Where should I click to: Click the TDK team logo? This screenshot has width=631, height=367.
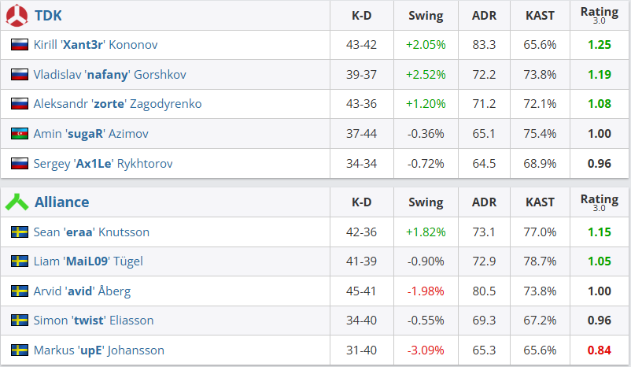[17, 16]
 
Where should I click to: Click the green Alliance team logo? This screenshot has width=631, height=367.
[17, 202]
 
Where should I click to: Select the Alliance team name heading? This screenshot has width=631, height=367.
[61, 202]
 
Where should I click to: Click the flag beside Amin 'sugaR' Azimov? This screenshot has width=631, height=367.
[20, 134]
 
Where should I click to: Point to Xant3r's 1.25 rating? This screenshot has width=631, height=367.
[599, 45]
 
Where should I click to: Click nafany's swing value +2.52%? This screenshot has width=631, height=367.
[426, 75]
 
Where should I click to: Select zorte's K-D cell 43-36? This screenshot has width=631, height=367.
[361, 104]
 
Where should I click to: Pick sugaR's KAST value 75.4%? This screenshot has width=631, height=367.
[540, 134]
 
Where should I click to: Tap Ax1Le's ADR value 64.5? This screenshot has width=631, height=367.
[483, 164]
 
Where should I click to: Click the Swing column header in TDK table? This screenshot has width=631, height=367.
[426, 16]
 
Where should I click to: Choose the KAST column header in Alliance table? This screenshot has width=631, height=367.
[540, 202]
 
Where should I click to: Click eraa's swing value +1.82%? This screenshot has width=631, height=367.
[426, 232]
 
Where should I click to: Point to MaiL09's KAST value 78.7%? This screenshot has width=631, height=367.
[540, 261]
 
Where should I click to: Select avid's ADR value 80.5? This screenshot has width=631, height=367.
[483, 291]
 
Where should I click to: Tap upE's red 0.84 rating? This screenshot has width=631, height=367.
[599, 350]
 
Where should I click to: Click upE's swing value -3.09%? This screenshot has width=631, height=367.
[426, 350]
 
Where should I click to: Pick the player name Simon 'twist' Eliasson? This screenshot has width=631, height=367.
[94, 321]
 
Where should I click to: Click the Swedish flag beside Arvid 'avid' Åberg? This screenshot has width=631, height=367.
[20, 291]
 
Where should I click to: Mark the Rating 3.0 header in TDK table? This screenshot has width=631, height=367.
[599, 15]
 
